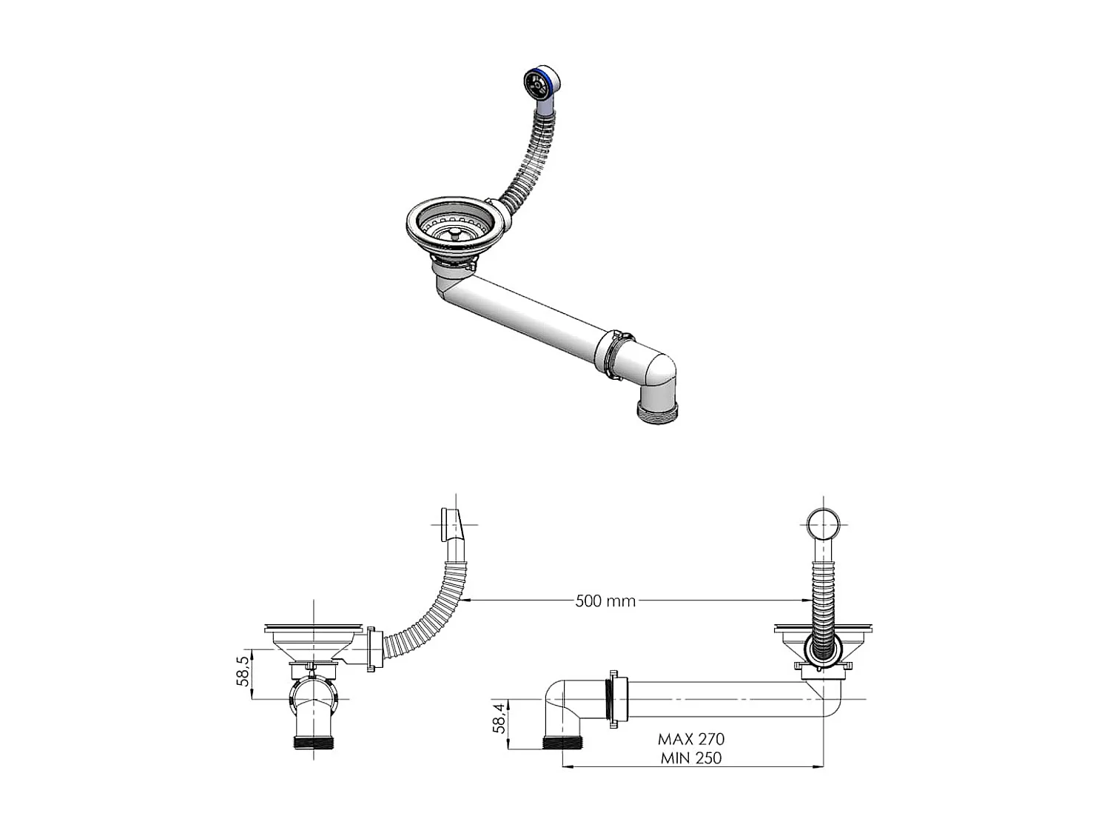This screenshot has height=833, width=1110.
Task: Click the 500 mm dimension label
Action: (x=605, y=601)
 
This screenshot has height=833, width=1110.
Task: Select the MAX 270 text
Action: (x=691, y=738)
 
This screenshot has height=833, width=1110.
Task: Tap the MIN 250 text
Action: (x=691, y=757)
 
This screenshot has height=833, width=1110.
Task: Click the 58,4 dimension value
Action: (x=500, y=717)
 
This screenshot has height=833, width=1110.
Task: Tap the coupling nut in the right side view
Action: (x=613, y=699)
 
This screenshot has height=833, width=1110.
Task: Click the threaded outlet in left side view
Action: (x=313, y=742)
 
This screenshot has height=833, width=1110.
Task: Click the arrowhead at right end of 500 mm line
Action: (x=804, y=601)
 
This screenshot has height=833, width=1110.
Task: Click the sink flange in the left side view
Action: (x=313, y=629)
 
